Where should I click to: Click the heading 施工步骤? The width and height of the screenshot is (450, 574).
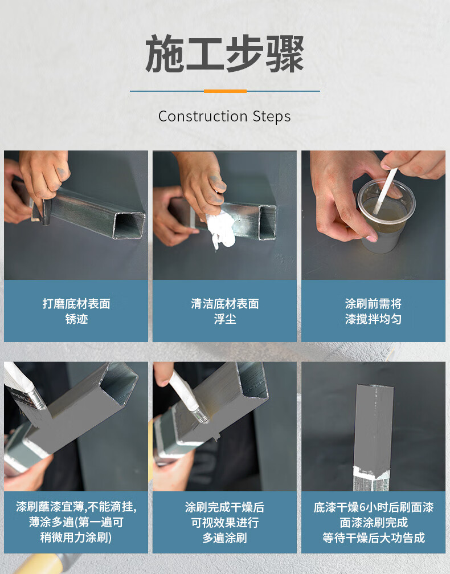(224, 54)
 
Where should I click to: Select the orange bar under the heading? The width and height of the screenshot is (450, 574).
(225, 91)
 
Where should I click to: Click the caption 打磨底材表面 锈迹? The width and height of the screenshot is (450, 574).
(76, 311)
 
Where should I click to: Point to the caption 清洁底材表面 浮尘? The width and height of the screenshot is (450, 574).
(224, 311)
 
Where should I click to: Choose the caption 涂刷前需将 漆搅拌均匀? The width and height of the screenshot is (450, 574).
(373, 311)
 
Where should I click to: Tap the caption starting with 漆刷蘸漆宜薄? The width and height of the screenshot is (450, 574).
(76, 522)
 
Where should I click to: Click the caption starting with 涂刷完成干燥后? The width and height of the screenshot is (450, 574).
(224, 522)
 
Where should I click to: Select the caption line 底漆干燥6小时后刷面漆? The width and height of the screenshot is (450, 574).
(373, 507)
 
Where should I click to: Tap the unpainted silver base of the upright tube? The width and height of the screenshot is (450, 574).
(372, 478)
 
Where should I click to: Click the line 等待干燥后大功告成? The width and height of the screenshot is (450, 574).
(373, 538)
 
